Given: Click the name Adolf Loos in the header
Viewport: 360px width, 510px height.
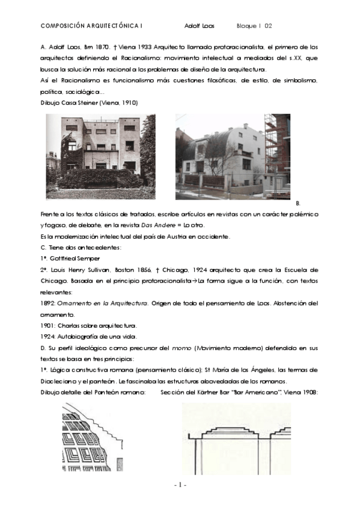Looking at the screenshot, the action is pyautogui.click(x=199, y=26).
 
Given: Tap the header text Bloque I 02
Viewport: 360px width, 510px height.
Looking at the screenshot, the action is pyautogui.click(x=255, y=26).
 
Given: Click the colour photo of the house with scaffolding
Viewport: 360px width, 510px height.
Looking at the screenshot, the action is pyautogui.click(x=233, y=156).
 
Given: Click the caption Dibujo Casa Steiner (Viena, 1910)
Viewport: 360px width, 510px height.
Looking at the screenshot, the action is pyautogui.click(x=89, y=103).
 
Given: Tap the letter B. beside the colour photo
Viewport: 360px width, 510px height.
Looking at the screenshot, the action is pyautogui.click(x=298, y=204).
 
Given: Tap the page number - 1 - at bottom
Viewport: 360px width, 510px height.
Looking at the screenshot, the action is pyautogui.click(x=180, y=485).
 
